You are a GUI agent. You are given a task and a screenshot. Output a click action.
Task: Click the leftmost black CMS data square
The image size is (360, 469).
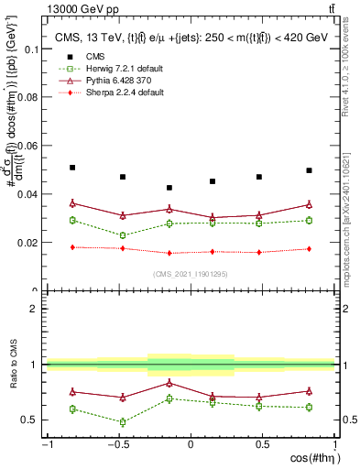point(72,168)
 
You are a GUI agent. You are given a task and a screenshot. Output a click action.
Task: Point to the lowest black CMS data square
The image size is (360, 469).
point(169,188)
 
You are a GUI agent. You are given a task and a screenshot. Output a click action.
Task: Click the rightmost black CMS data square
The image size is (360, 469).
point(310,170)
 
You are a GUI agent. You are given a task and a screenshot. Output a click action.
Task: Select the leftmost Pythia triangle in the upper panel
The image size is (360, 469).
point(72,203)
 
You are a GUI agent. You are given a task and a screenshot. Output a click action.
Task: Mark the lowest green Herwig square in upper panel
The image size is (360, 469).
point(122,235)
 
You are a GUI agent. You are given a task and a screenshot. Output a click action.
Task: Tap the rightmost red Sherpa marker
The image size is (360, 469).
point(310,249)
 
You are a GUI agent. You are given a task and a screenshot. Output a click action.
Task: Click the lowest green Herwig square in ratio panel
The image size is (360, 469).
point(122,422)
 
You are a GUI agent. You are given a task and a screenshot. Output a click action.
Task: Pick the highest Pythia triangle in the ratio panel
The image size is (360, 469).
point(169,383)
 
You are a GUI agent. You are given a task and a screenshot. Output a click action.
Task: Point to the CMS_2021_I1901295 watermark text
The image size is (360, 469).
point(191,274)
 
